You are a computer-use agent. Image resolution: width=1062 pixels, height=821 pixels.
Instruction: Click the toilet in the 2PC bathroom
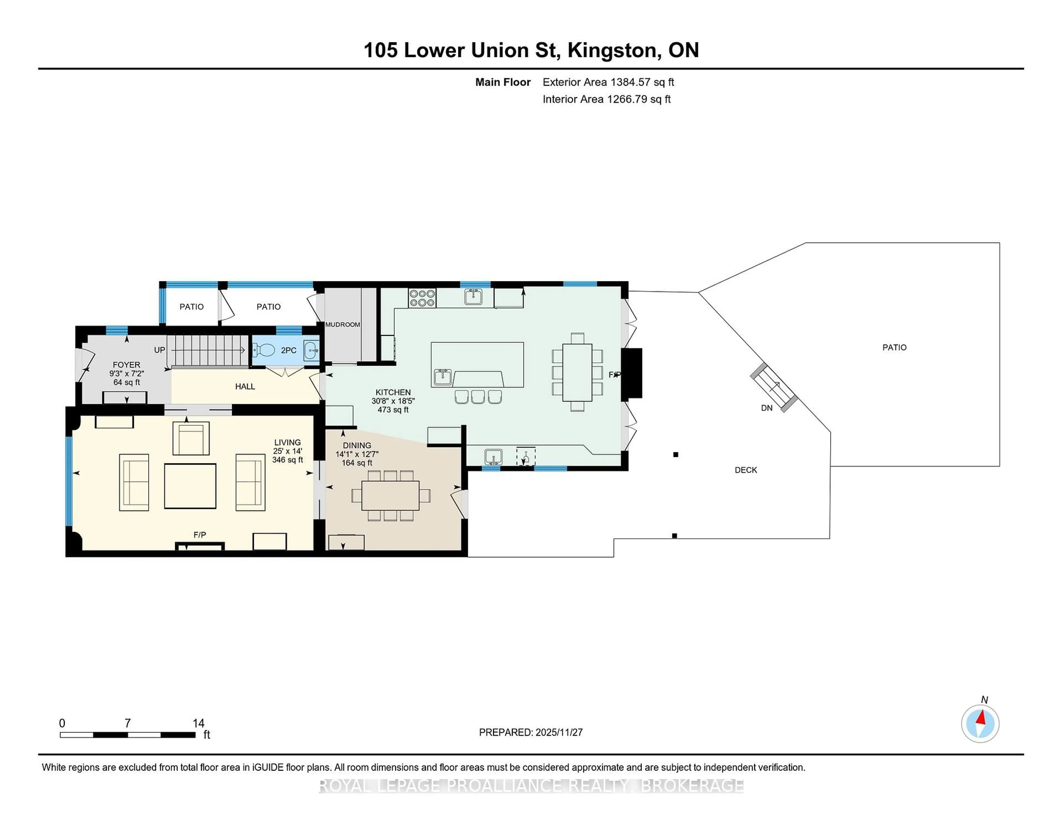coord(264,350)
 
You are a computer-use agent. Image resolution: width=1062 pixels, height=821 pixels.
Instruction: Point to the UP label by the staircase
coord(160,350)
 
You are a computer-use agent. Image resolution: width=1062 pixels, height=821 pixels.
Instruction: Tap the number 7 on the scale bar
coord(127,723)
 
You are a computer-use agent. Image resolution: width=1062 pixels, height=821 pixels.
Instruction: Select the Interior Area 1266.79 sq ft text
coord(607,99)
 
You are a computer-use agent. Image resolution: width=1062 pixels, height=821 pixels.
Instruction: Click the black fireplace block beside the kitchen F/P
coord(632,373)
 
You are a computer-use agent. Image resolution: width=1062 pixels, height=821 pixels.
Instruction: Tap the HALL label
coord(245,386)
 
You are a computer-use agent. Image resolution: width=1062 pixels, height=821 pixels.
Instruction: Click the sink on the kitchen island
coord(442,377)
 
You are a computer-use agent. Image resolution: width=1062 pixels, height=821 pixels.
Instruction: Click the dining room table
coord(390,495)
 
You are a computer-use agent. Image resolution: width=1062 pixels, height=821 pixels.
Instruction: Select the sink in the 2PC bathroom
coord(311,350)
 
